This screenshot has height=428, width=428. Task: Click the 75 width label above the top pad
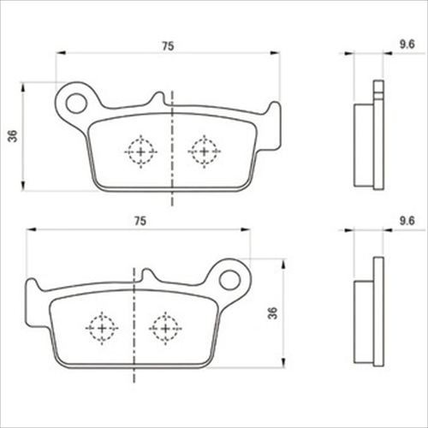click(x=168, y=46)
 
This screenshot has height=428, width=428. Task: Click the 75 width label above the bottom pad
click(x=140, y=221)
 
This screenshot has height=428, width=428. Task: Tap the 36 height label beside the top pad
click(x=13, y=136)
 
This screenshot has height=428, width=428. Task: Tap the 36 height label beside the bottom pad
click(x=273, y=313)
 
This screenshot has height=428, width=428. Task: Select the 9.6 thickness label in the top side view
click(x=407, y=45)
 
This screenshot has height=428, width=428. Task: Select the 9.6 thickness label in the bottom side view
click(x=407, y=221)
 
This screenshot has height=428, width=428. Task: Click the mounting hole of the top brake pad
click(x=76, y=103)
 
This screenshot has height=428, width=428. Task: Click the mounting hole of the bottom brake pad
click(x=229, y=280)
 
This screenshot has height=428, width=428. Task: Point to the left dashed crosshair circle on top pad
click(x=140, y=152)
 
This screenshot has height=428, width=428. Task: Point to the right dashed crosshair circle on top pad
click(x=204, y=152)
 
